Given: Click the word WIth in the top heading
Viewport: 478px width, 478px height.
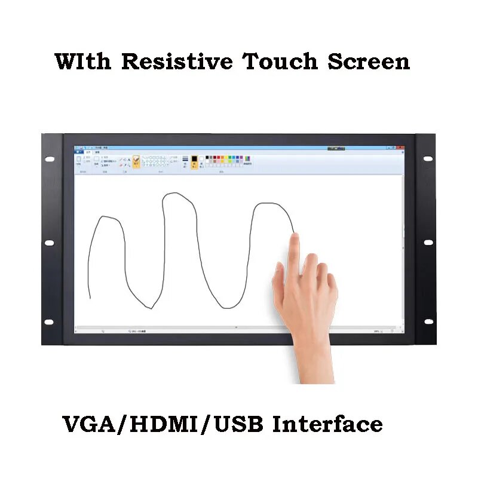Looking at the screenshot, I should (83, 62).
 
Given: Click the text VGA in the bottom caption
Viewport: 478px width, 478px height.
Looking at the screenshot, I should (92, 424).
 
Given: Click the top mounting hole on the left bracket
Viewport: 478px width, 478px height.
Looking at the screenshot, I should (49, 160).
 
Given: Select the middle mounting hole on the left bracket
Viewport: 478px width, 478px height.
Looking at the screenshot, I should (49, 243).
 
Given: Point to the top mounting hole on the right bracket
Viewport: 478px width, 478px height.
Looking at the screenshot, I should (428, 158).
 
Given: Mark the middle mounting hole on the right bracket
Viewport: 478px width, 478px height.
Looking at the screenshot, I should (428, 242).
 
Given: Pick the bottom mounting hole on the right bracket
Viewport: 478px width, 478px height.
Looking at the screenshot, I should (428, 321).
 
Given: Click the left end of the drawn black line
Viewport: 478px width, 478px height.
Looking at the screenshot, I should (90, 296).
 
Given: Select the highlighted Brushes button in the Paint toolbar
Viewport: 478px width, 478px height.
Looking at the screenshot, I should (136, 162).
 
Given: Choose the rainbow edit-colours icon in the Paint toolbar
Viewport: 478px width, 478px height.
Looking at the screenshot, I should (247, 160).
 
